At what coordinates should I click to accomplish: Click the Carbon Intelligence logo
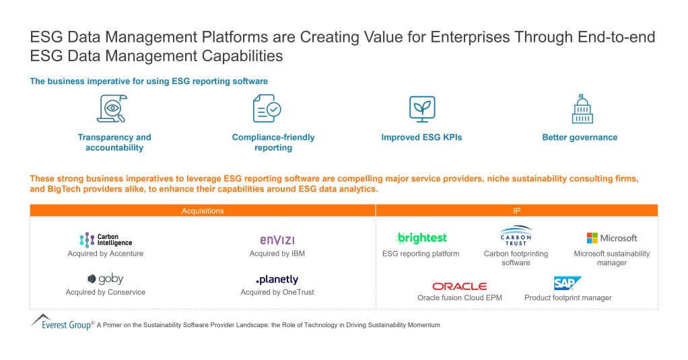tap(106, 240)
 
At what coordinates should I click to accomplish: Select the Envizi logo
tap(277, 240)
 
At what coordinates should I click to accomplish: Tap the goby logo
tap(106, 279)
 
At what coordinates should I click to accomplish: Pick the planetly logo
tap(277, 279)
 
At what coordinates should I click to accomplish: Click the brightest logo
tap(421, 238)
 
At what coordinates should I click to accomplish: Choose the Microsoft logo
tap(611, 238)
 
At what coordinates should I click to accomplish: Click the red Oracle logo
tap(459, 286)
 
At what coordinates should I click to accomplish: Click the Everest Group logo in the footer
tap(62, 322)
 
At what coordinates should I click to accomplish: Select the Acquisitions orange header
tap(203, 211)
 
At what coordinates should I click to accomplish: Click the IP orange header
tap(516, 211)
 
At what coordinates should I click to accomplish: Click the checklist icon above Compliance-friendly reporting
tap(267, 109)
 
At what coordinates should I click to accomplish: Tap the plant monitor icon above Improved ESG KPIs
tap(422, 109)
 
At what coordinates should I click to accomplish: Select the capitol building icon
tap(581, 109)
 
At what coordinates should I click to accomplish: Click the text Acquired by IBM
tap(277, 254)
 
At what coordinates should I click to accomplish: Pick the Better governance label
tap(580, 137)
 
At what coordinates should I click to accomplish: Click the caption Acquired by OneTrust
tap(277, 292)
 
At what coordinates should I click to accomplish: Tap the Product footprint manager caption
tap(568, 297)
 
